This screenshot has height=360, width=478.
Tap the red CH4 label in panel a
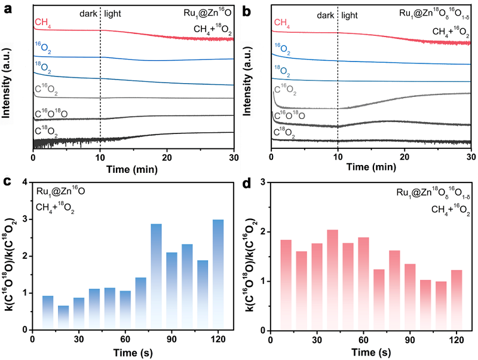pyautogui.click(x=42, y=23)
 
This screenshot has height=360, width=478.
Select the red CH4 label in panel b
pyautogui.click(x=283, y=23)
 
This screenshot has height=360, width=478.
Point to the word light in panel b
pyautogui.click(x=353, y=13)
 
